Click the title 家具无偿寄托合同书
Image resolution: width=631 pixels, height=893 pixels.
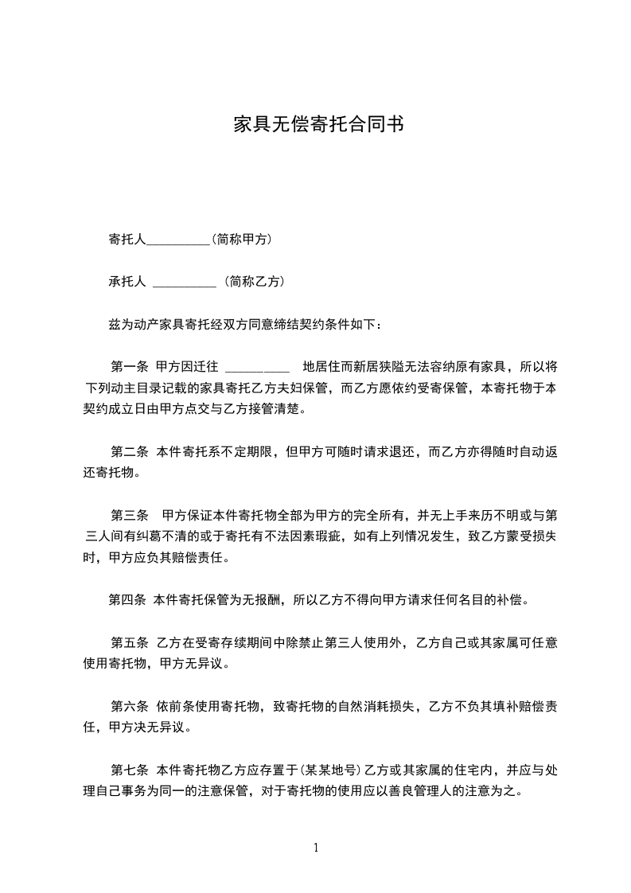[x=315, y=125]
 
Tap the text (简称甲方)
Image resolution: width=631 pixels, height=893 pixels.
[x=243, y=239]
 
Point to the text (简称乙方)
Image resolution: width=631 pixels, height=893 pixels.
[x=253, y=281]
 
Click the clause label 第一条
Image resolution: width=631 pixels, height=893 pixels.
[x=129, y=367]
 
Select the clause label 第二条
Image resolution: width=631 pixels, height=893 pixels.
[x=129, y=452]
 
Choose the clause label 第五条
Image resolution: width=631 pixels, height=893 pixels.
[x=129, y=642]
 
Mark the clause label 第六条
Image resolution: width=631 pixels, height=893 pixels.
[x=129, y=706]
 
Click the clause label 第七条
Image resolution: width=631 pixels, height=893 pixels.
[x=129, y=770]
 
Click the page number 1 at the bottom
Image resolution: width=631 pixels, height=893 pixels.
[x=316, y=847]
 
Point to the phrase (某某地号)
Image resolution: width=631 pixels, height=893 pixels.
[x=329, y=770]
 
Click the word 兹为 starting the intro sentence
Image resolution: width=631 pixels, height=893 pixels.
[x=118, y=324]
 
